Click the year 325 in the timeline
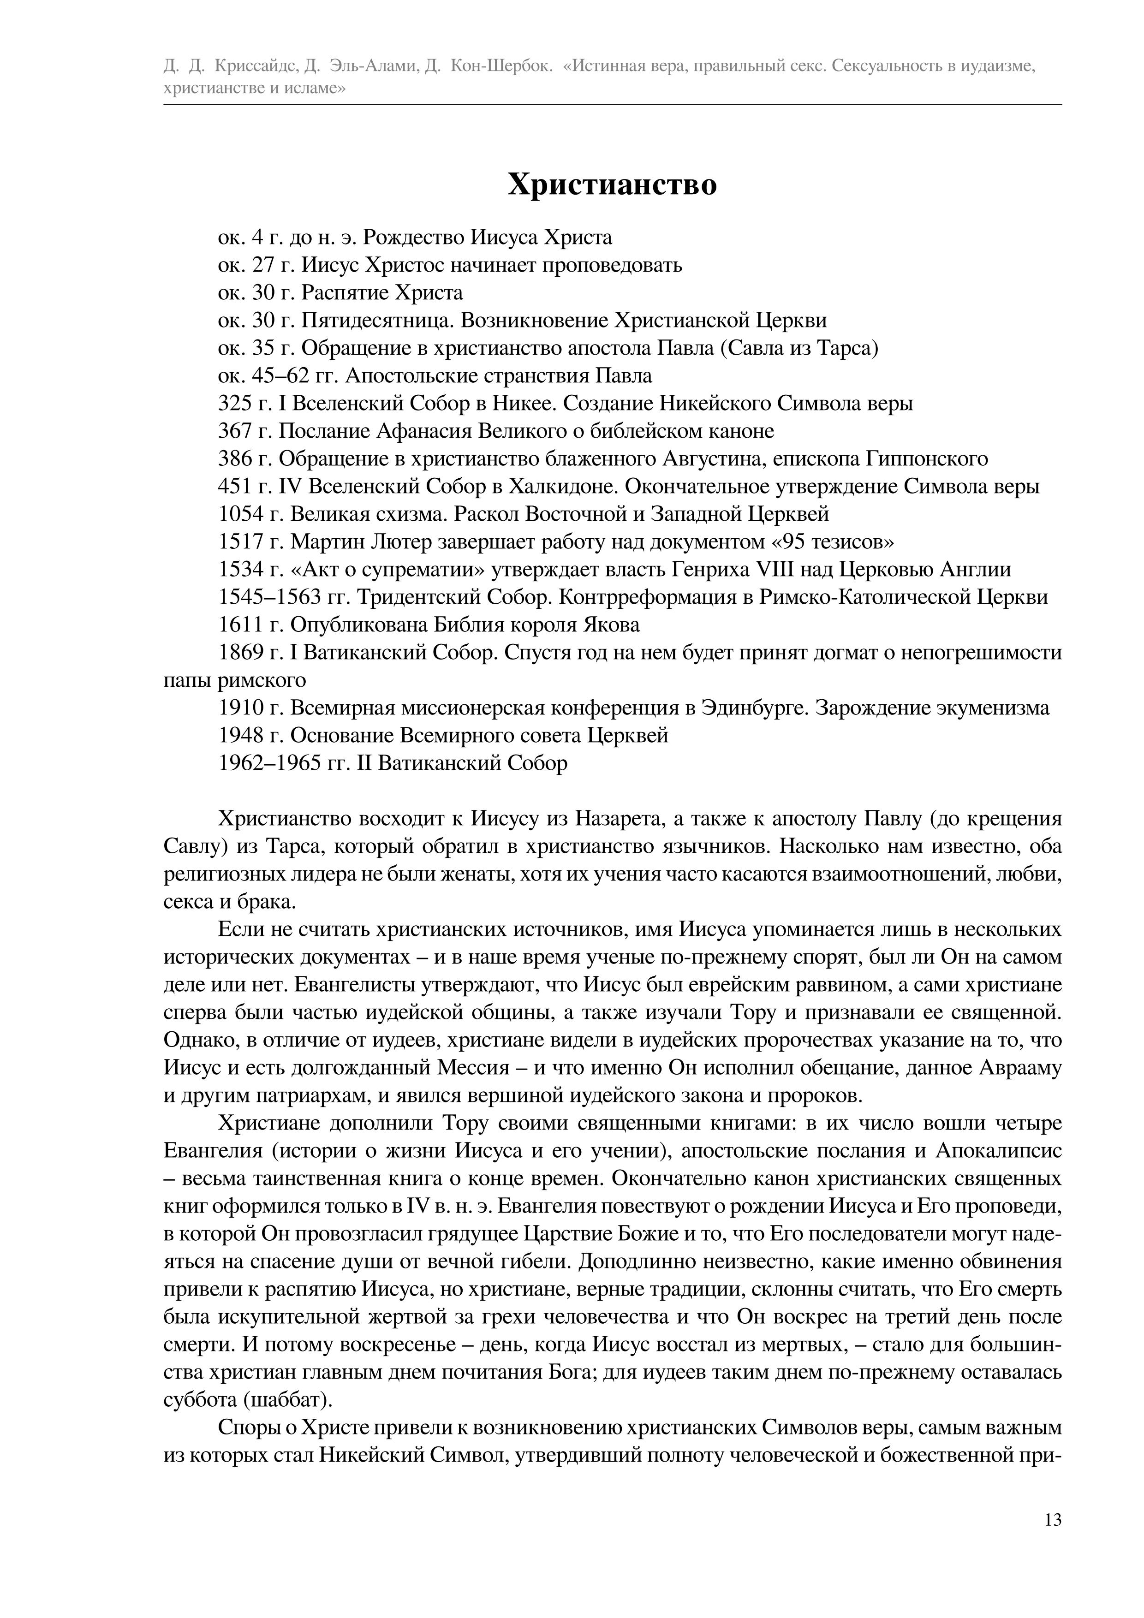235,404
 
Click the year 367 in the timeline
235,431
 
